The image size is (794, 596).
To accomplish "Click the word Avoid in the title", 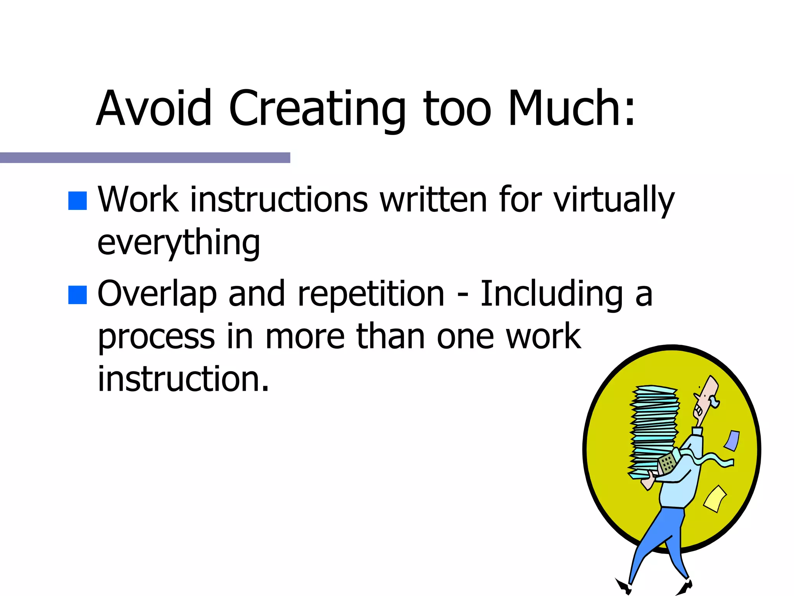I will (154, 108).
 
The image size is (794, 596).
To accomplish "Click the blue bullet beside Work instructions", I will (77, 201).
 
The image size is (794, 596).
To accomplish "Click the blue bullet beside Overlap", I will (77, 295).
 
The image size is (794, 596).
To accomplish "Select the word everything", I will (178, 243).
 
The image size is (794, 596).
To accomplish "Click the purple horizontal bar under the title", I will (145, 158).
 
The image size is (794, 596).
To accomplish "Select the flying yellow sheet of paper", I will (714, 498).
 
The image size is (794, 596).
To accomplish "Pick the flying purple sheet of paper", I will (732, 440).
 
